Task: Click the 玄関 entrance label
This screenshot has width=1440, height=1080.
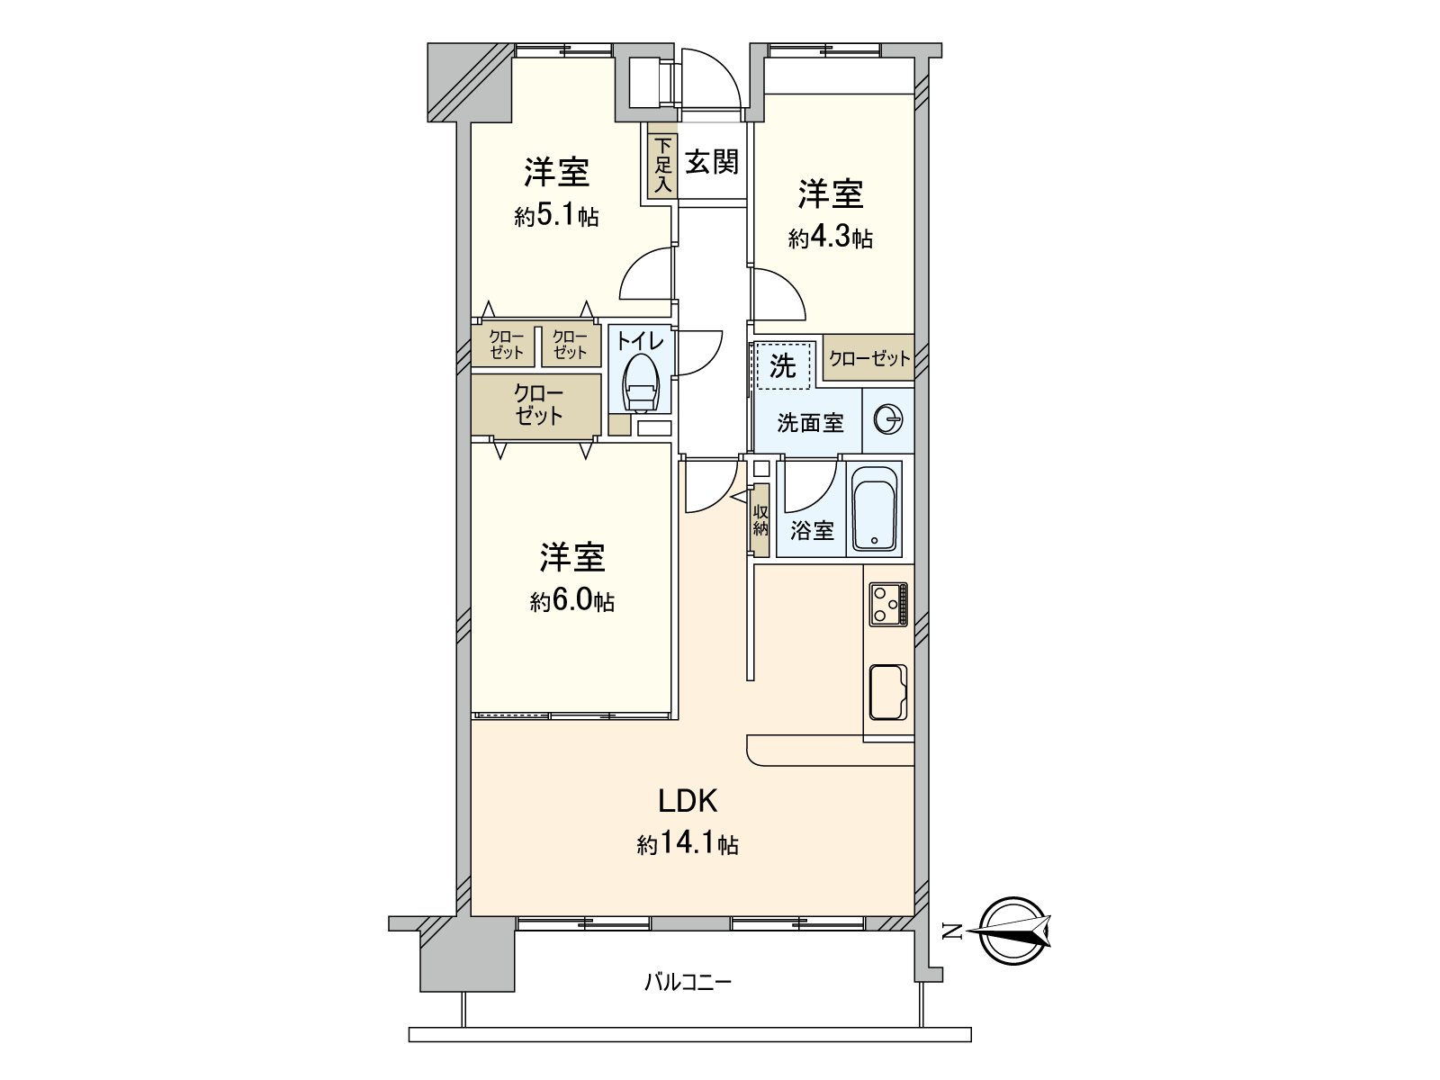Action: point(712,163)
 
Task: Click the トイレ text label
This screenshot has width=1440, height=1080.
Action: point(640,341)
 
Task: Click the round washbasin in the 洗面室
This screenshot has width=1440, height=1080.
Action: point(889,420)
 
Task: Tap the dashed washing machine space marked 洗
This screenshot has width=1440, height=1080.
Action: point(783,365)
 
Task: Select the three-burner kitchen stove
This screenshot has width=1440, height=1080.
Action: point(888,603)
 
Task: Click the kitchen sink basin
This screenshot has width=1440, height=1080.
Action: point(888,691)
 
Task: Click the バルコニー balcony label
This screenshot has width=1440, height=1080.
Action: point(688,981)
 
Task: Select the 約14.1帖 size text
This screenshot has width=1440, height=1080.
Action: point(688,844)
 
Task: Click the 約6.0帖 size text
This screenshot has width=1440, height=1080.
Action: point(572,601)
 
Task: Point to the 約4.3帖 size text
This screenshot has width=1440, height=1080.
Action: point(831,238)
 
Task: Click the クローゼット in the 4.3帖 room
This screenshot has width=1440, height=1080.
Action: point(869,358)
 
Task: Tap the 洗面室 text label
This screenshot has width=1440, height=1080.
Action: point(810,422)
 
